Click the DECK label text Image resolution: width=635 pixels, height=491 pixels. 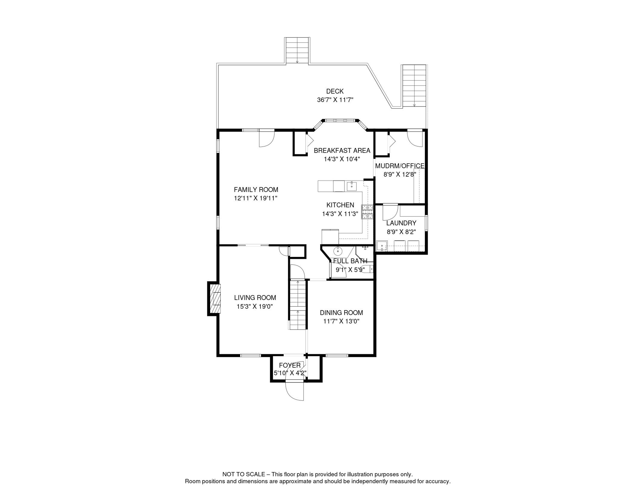[335, 91]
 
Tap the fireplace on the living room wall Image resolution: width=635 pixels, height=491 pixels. [214, 299]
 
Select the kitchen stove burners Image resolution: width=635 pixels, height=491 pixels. [367, 212]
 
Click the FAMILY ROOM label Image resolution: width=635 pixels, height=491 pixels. [256, 190]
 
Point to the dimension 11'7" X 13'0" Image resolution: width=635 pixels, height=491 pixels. [341, 321]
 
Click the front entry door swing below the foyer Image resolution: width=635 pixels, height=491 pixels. [295, 391]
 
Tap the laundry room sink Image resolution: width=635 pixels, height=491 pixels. [382, 246]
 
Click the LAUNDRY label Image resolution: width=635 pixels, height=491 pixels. [401, 223]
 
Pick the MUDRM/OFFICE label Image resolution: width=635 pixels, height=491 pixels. [400, 166]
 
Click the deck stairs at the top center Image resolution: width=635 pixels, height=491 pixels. [297, 51]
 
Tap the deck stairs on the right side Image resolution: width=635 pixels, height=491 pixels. [414, 86]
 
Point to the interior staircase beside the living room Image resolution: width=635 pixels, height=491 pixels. [298, 305]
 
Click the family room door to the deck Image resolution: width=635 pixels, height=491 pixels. [267, 138]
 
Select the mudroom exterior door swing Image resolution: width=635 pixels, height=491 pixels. [415, 138]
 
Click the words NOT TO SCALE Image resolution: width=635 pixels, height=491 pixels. [244, 474]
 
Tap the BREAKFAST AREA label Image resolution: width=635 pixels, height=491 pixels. [342, 151]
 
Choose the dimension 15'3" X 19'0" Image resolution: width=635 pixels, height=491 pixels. [255, 307]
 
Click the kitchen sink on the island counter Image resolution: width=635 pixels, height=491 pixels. [351, 186]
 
